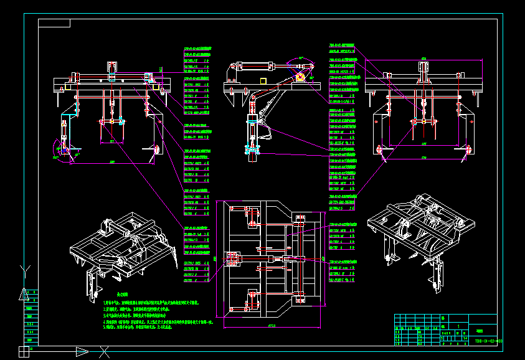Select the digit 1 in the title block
pyautogui.click(x=459, y=326)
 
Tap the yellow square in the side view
pyautogui.click(x=263, y=81)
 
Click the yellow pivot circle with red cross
pyautogui.click(x=300, y=77)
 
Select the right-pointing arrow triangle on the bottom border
pyautogui.click(x=82, y=352)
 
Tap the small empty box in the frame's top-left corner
pyautogui.click(x=54, y=24)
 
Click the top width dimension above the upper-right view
pyautogui.click(x=423, y=59)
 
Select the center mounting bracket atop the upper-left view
pyautogui.click(x=113, y=70)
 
